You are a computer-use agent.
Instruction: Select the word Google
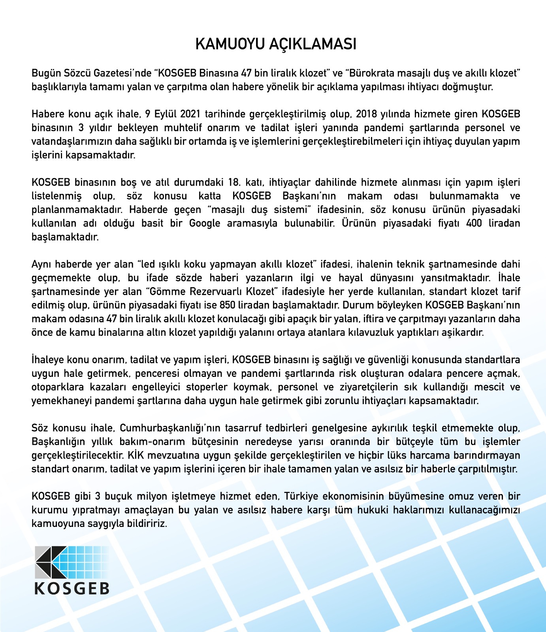tap(204, 223)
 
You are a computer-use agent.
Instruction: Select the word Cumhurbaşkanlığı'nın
tap(170, 428)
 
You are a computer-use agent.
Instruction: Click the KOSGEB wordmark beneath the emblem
tap(72, 588)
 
